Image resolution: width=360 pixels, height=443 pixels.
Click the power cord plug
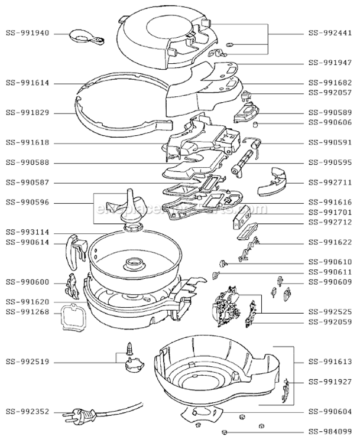(x=77, y=413)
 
